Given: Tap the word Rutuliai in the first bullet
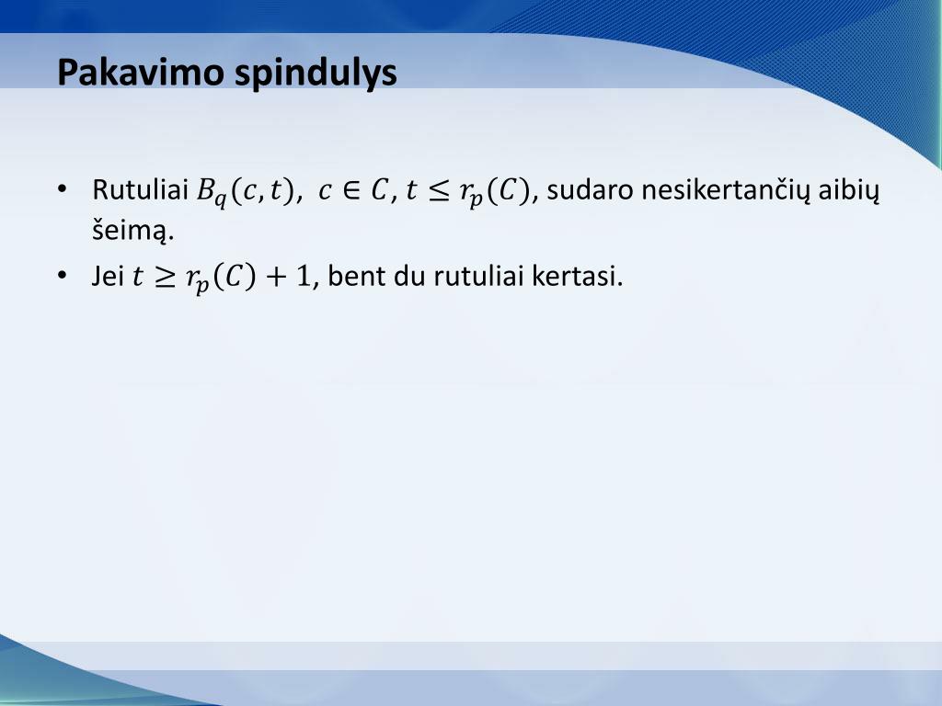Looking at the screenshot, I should point(141,190).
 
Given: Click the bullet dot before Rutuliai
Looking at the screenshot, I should point(63,190).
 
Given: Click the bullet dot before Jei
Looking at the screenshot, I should point(63,276).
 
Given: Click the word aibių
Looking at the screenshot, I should point(852,192).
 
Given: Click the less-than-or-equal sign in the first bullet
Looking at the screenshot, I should point(439,191).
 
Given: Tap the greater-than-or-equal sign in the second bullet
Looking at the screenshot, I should point(165,277).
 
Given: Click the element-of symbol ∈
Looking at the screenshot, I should point(349,191).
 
